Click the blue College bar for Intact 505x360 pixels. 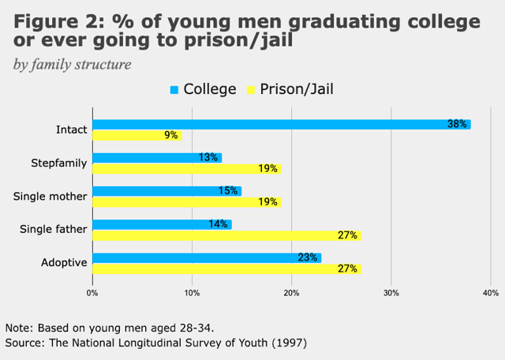tap(281, 124)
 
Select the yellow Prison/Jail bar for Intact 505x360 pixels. tap(137, 135)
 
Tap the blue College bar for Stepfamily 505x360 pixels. tap(156, 157)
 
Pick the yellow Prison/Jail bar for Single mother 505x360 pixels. tap(187, 201)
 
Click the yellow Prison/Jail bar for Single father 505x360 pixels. tap(226, 234)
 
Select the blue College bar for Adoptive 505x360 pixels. tap(206, 257)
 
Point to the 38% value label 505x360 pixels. tap(458, 124)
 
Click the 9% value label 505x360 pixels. tap(170, 135)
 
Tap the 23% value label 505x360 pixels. tap(308, 257)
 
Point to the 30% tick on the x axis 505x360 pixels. tap(391, 294)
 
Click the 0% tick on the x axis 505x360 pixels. tap(92, 294)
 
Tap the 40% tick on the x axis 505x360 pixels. tap(490, 294)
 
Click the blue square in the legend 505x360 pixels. tap(174, 90)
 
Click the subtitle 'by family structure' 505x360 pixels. tap(72, 63)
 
